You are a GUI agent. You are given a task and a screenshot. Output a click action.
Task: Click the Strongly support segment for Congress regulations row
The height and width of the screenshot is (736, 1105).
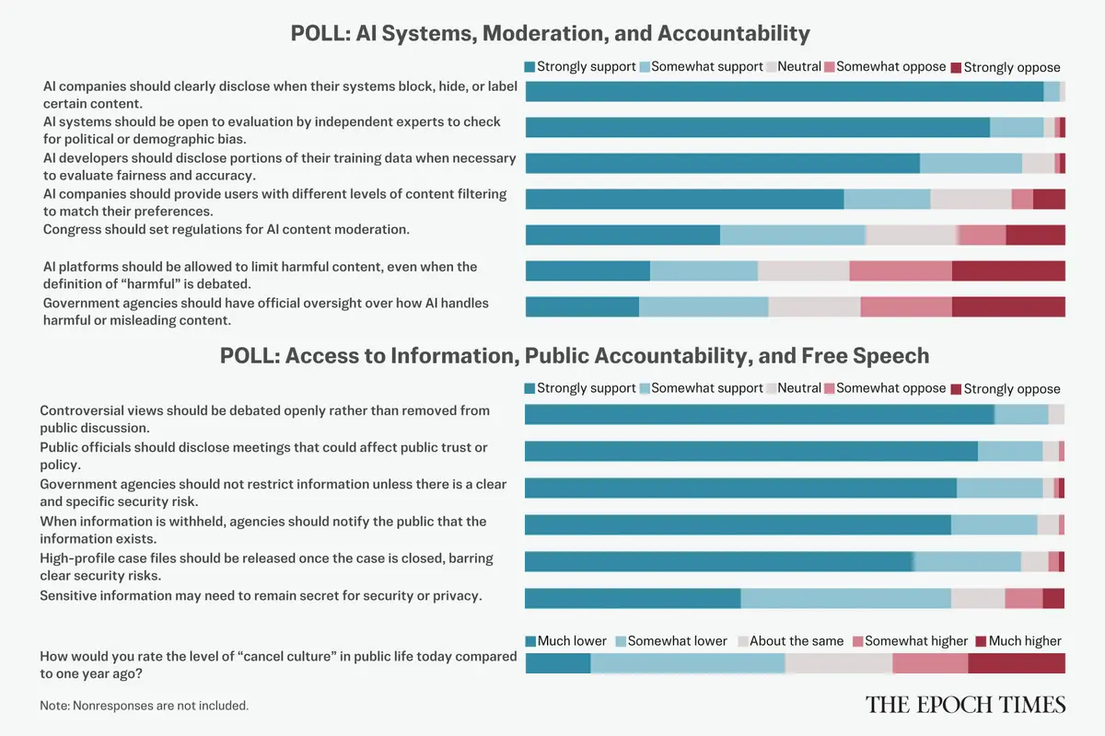tap(622, 235)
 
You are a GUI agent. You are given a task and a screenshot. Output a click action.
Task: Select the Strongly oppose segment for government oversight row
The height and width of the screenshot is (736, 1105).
tap(1008, 306)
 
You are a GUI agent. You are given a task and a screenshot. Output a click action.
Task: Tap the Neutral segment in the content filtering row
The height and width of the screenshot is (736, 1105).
tap(971, 199)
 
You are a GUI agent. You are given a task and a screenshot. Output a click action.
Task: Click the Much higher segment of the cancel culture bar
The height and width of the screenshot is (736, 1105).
tap(1017, 663)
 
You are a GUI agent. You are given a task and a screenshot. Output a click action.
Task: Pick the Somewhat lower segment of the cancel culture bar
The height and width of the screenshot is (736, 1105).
tap(687, 663)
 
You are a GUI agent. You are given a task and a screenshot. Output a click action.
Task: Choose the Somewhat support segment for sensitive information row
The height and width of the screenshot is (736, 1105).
tap(845, 598)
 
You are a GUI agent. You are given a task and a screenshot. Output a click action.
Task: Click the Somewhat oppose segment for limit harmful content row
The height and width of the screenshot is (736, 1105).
tap(901, 270)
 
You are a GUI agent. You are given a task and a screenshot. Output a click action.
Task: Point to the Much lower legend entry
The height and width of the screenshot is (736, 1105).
tap(566, 640)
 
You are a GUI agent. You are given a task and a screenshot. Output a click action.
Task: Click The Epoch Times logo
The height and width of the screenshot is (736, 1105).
tap(965, 705)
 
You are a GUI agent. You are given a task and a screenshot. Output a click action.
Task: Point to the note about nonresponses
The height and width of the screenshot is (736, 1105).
tap(145, 706)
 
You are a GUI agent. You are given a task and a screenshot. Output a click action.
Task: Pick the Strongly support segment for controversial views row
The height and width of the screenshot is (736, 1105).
tap(759, 414)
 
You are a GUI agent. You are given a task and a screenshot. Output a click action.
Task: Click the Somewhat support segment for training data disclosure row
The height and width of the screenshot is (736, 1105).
tap(971, 163)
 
